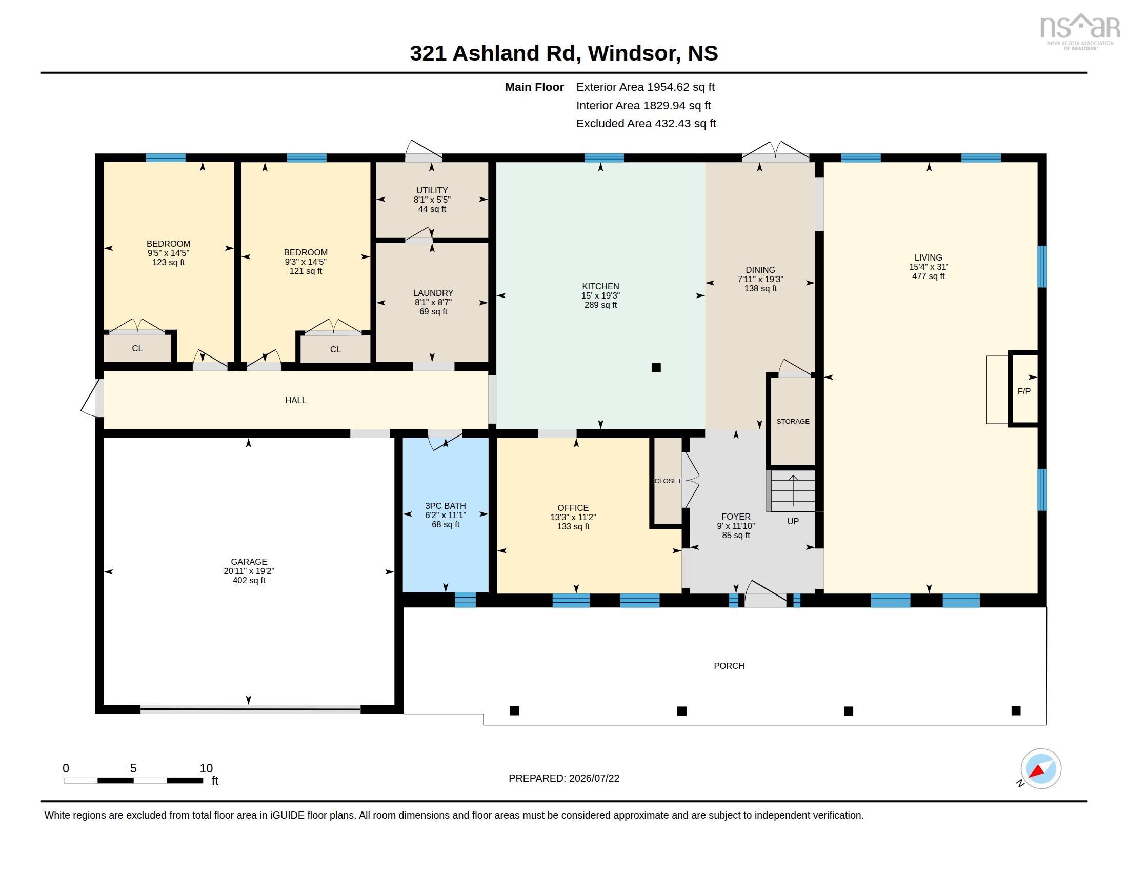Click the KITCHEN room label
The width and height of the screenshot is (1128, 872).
pos(600,286)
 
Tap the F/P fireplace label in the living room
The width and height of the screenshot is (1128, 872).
pos(1024,391)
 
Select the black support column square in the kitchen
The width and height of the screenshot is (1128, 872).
pos(656,368)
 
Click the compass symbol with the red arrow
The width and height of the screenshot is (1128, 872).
pos(1041,768)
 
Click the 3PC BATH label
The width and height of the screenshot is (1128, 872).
pos(445,506)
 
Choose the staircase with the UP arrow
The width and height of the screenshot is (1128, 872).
pos(793,491)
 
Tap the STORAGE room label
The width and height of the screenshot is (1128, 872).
pos(793,422)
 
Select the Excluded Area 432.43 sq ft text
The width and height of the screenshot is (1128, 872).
pos(646,124)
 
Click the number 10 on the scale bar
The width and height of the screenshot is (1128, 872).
pos(206,768)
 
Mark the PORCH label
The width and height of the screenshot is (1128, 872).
pos(729,666)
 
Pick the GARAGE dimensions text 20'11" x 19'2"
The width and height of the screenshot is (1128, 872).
pos(249,571)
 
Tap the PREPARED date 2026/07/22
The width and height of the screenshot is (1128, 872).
pos(594,778)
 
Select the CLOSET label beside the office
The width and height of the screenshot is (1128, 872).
pos(668,481)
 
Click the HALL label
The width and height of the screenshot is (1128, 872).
pos(295,401)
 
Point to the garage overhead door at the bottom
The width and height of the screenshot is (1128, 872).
pos(251,709)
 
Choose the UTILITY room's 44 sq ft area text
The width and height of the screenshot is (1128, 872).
pos(432,209)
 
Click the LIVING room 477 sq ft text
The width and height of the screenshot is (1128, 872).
pos(928,276)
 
